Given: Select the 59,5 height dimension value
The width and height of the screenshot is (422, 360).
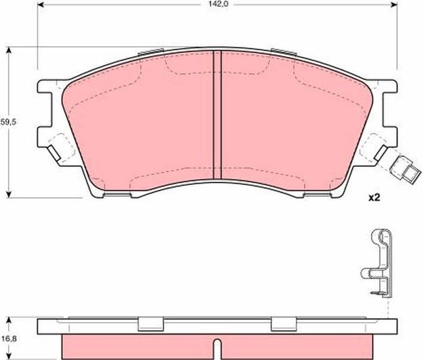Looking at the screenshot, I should click(7, 123).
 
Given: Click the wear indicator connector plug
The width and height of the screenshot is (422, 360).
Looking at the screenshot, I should click(404, 169).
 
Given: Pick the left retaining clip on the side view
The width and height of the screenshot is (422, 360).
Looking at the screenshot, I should click(151, 325).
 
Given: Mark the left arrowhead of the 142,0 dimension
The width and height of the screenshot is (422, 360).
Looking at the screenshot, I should click(38, 4).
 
